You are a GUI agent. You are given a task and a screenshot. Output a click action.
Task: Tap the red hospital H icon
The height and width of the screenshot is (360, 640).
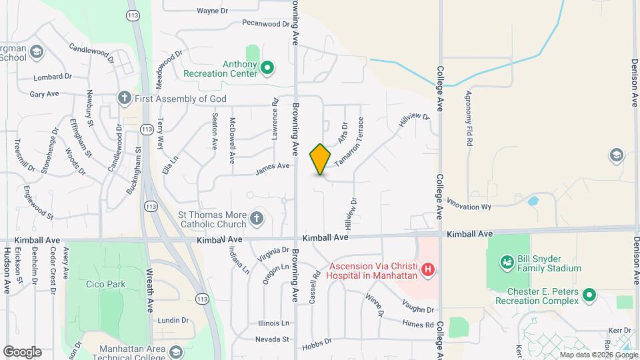point(429,269)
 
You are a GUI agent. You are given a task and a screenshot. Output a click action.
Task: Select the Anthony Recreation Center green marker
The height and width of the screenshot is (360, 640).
point(267,67)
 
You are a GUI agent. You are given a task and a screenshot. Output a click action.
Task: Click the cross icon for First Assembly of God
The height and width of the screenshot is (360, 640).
point(124,98)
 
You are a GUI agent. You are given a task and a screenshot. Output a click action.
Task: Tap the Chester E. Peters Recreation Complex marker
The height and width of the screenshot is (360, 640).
point(589,294)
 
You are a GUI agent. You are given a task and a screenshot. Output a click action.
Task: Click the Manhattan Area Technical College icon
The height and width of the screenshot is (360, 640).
point(176,351)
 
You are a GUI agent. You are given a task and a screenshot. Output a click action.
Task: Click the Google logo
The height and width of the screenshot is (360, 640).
point(22,352)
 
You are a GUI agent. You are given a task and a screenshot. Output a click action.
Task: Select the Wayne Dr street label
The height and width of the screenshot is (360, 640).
point(213,11)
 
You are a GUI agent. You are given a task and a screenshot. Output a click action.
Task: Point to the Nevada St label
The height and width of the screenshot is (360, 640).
point(275,339)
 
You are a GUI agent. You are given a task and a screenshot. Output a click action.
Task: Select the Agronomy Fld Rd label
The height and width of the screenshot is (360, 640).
point(469,118)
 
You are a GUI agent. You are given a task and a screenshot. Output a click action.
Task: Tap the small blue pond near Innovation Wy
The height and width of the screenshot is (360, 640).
point(533,201)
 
